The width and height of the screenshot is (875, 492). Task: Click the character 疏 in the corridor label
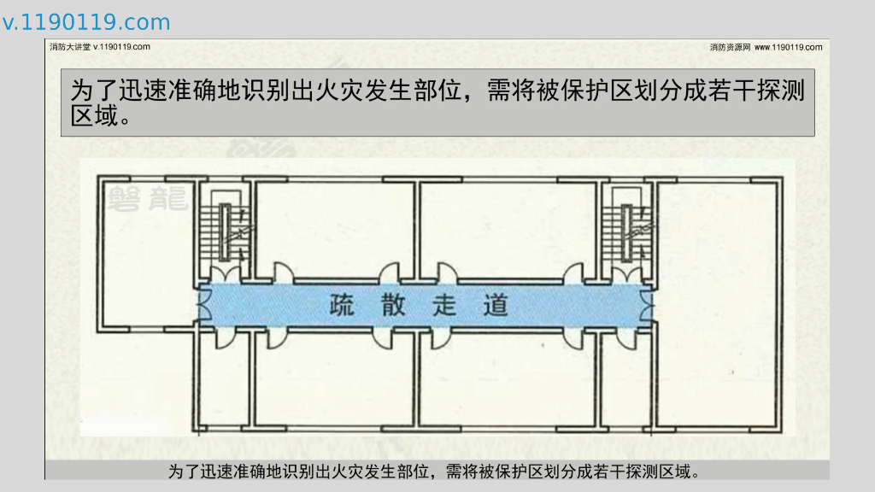[x=342, y=306]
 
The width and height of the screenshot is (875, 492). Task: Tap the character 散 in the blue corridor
[x=393, y=306]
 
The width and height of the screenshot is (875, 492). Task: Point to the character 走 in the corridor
[x=444, y=306]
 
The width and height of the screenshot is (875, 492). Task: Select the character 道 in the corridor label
[x=496, y=306]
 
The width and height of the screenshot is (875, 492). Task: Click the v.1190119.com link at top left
[x=86, y=22]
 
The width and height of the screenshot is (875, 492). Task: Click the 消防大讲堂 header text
[x=70, y=47]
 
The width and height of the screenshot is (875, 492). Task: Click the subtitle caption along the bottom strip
[x=436, y=471]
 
